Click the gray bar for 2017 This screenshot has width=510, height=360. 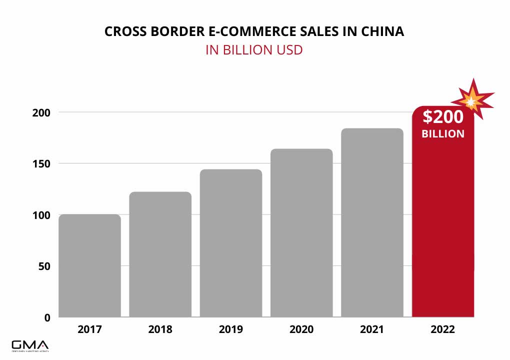[90, 265]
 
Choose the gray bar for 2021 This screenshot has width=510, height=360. [372, 222]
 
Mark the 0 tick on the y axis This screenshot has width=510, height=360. [47, 317]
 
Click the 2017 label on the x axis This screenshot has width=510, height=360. [90, 329]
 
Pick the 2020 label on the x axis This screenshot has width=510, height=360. [301, 329]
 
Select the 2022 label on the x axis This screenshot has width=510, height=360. [443, 329]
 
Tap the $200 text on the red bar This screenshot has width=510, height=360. [443, 117]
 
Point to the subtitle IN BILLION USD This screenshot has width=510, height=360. [254, 50]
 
